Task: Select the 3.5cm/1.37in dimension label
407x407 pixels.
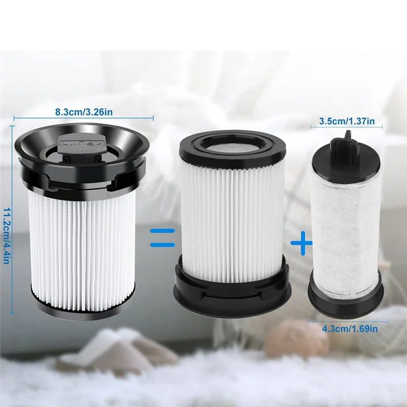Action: pos(347,121)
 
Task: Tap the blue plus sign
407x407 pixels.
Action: pos(301,244)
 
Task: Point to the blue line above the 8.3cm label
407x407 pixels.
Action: pos(83,118)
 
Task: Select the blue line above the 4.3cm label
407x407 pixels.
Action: pos(347,321)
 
